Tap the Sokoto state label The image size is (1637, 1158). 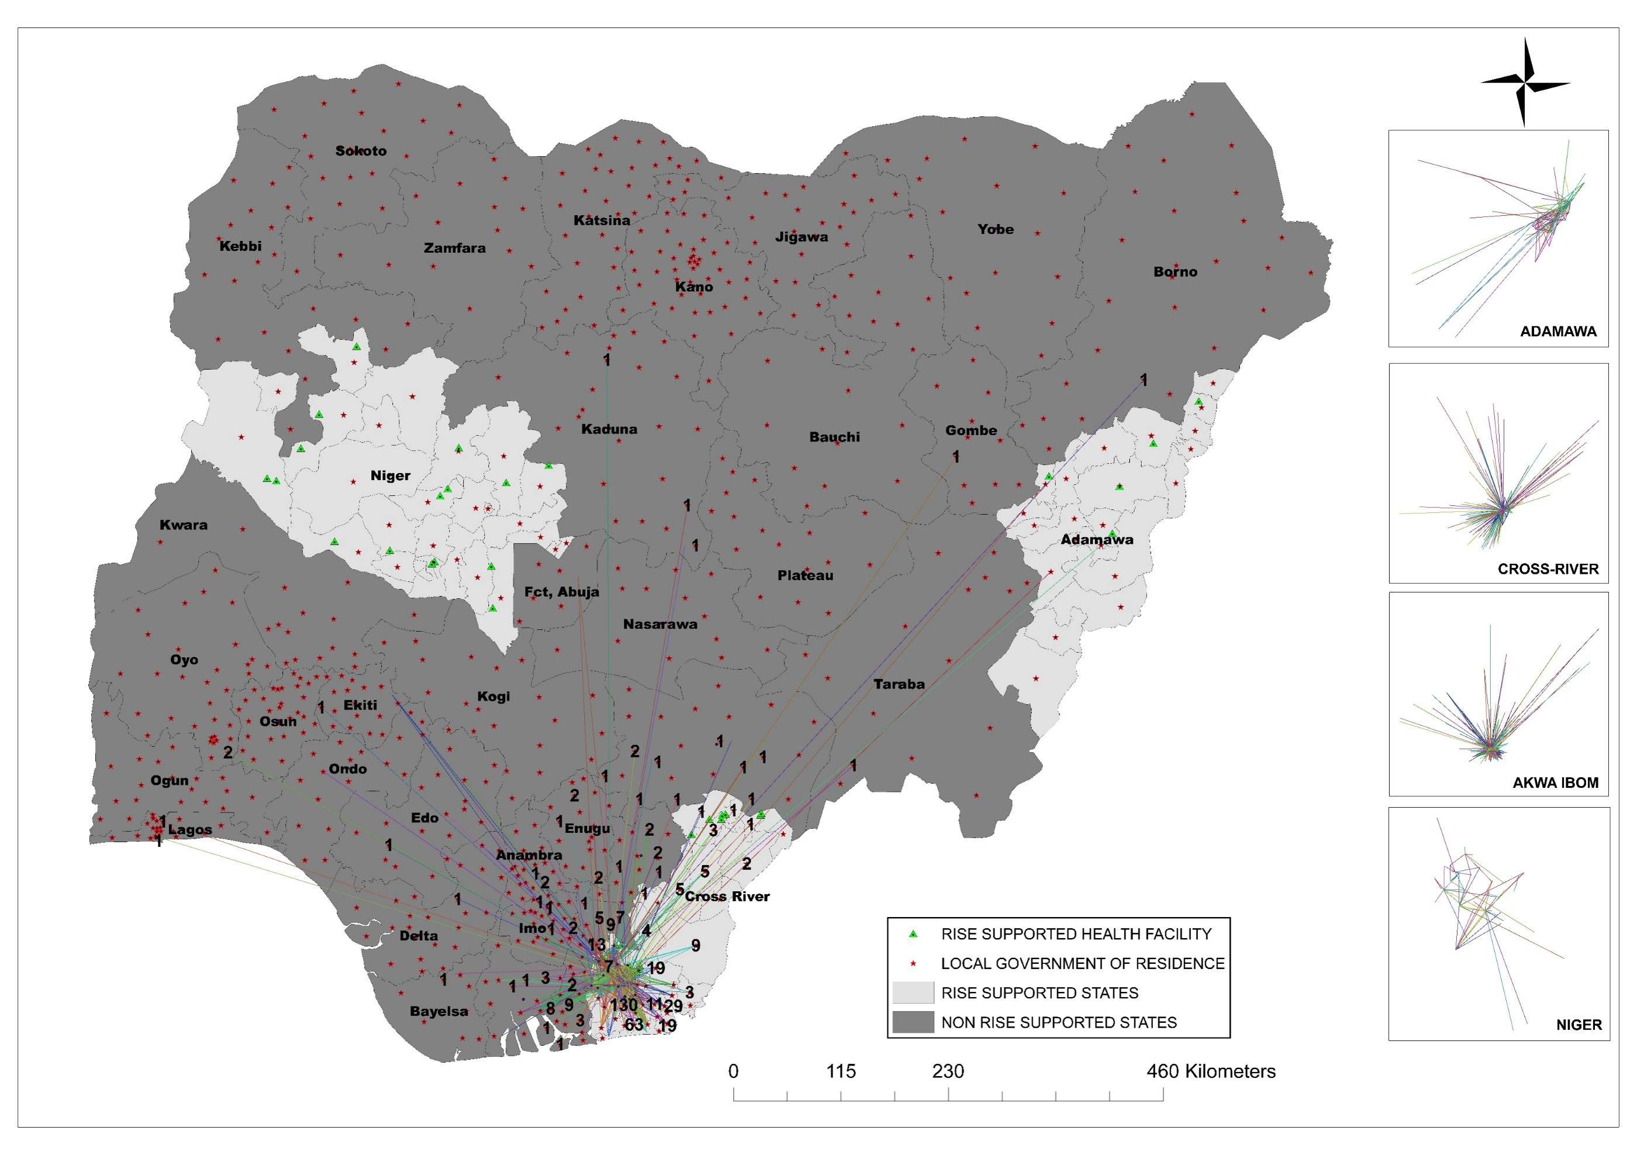361,151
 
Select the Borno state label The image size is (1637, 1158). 1175,272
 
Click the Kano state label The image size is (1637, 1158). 694,287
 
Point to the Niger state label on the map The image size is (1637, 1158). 390,475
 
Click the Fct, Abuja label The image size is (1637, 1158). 562,592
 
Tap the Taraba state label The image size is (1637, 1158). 899,684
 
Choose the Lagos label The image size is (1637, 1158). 189,830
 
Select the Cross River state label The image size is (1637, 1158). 727,897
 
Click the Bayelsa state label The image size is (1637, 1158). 438,1011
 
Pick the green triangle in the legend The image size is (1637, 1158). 913,933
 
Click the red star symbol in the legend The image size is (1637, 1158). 913,963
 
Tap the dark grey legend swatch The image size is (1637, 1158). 913,1022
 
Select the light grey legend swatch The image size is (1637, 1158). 913,992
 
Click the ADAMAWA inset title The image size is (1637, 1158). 1558,332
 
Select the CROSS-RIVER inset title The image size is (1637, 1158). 1548,569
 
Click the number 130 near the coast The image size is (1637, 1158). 624,1005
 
